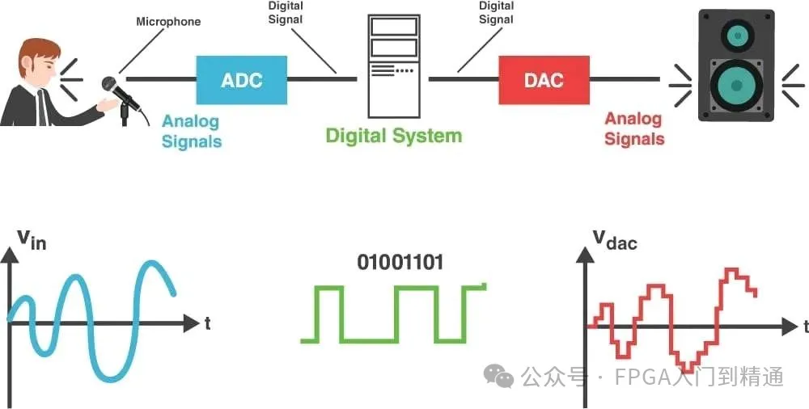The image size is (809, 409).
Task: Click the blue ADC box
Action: tap(242, 80)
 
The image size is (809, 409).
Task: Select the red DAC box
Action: tap(543, 80)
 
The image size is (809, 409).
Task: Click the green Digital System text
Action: tap(393, 136)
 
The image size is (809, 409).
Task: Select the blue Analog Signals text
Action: tap(192, 131)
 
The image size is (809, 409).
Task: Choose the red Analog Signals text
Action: tap(634, 129)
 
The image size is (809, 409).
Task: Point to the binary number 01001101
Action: tap(400, 263)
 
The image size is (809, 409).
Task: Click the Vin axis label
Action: tap(31, 238)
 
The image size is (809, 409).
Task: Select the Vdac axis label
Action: tap(614, 239)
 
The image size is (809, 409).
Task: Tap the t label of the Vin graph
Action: tap(208, 323)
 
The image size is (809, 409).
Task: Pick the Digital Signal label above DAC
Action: tap(496, 12)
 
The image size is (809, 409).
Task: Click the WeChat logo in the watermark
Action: tap(498, 375)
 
